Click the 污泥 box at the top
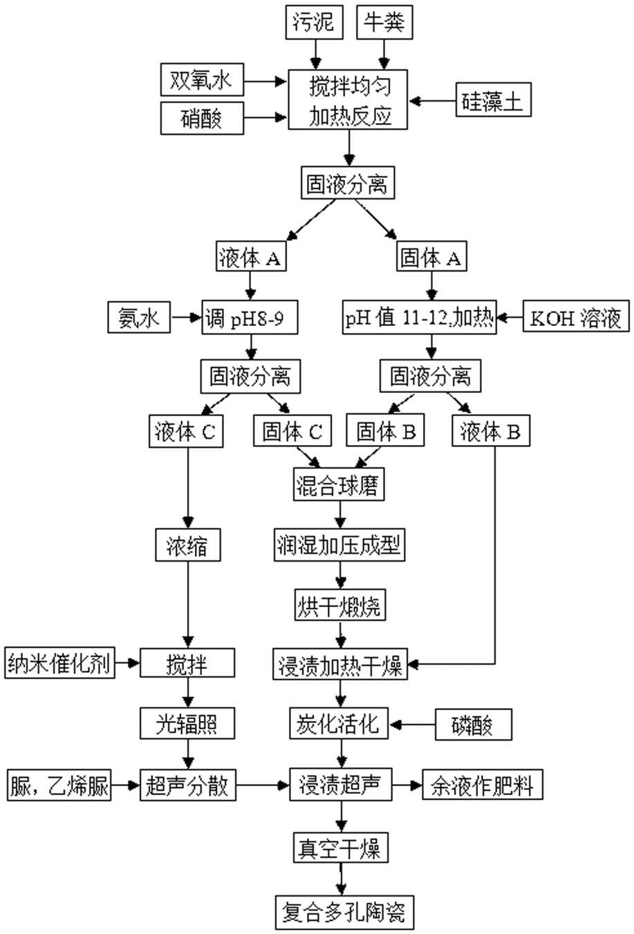coord(315,22)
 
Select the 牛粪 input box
coord(384,22)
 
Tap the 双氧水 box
coord(202,79)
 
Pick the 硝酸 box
coord(202,118)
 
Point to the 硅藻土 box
coord(494,99)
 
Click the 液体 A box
coord(251,256)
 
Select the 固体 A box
coord(431,256)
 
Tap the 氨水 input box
coord(139,317)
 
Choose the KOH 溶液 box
coord(576,316)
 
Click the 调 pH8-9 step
coord(250,317)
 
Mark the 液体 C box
coord(186,431)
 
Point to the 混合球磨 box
coord(338,484)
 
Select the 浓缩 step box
coord(188,545)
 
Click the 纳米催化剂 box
coord(59,663)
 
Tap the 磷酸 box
coord(474,725)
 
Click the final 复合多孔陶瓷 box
coord(345,913)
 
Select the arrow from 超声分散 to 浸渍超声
coord(263,785)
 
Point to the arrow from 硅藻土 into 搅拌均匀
coord(432,101)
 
